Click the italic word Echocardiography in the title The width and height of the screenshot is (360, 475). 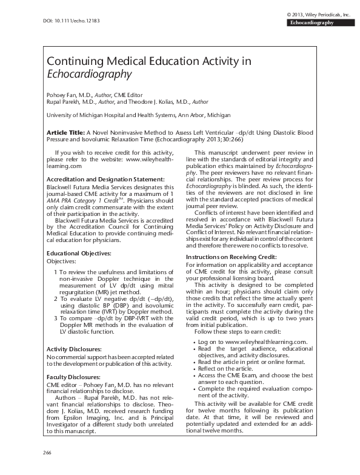(x=89, y=75)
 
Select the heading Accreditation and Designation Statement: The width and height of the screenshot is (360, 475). (x=105, y=180)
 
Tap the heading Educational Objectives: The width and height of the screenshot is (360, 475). (x=79, y=252)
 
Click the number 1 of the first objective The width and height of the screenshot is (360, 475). (x=56, y=272)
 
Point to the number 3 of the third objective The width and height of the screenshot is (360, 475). (x=56, y=318)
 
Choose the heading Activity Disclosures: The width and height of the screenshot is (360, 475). (x=74, y=349)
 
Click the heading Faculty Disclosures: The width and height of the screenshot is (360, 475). (x=73, y=377)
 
